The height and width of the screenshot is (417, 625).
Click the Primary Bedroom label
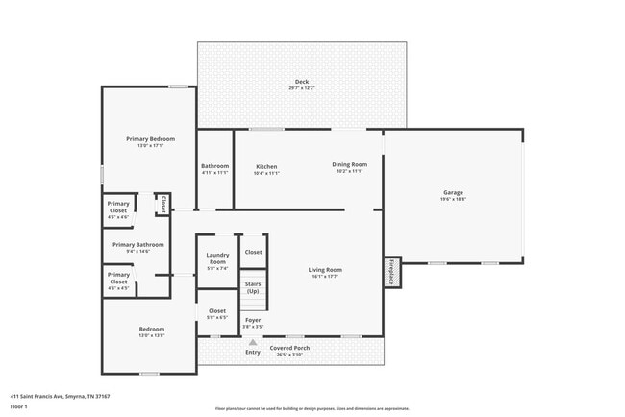[150, 139]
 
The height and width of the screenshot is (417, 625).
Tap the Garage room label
[453, 192]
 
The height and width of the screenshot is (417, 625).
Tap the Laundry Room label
[218, 258]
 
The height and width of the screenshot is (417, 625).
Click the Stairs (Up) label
[253, 287]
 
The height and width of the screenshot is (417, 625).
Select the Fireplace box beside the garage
[392, 272]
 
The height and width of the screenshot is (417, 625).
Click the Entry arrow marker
[253, 341]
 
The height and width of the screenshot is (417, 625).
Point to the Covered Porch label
[288, 348]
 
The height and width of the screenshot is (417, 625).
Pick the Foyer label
[253, 319]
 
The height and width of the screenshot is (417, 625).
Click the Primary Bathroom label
[138, 245]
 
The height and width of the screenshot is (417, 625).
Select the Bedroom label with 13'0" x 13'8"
[150, 330]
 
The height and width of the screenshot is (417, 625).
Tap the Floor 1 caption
[19, 406]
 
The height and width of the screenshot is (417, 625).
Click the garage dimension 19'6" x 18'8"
[453, 199]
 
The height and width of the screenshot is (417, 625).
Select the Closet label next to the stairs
[253, 252]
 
